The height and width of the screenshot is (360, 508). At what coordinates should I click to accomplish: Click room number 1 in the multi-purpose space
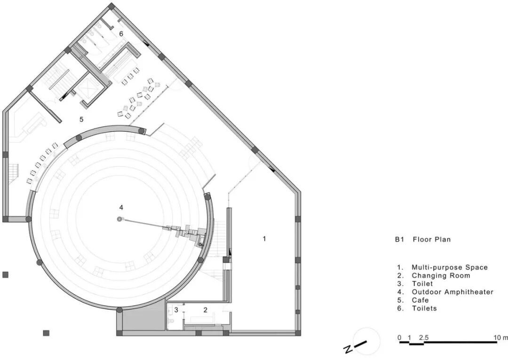264,239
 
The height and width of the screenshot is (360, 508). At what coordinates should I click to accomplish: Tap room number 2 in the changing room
206,310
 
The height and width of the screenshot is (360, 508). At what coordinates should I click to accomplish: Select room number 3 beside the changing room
176,310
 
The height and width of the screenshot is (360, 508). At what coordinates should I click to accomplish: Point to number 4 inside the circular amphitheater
121,208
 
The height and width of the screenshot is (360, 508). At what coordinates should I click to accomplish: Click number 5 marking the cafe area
81,119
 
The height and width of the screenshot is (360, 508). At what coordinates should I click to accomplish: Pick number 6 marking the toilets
121,34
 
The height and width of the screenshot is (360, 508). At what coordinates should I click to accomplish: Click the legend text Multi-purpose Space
450,268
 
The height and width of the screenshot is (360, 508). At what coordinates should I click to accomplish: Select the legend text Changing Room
441,276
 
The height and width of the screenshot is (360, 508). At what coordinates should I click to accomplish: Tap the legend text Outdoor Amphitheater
452,292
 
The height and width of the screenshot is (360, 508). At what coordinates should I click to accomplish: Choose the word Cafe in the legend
420,300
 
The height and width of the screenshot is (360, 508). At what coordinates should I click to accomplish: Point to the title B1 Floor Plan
423,240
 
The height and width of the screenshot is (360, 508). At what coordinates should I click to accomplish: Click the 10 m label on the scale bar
501,337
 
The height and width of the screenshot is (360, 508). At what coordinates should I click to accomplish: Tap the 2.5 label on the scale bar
423,337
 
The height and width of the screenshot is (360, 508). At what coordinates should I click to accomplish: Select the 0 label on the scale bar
399,337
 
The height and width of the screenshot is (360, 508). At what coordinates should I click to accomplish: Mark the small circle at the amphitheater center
119,219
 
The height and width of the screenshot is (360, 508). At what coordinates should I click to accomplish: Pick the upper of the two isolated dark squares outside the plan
6,275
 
